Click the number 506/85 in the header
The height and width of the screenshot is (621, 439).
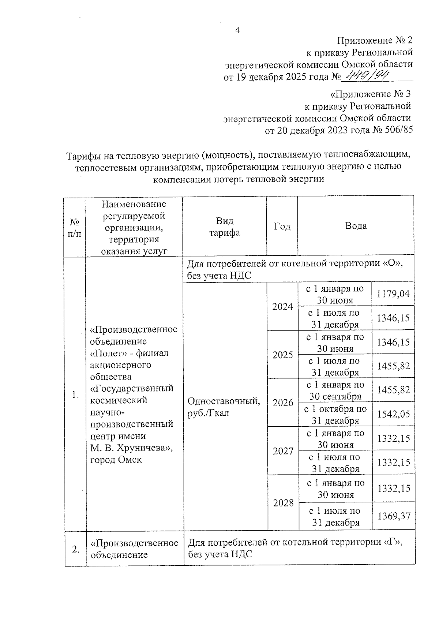tap(398, 130)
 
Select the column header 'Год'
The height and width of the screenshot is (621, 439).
tap(282, 226)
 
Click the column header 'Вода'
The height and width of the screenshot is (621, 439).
tap(356, 226)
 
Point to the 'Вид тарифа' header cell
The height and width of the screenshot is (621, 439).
tap(224, 227)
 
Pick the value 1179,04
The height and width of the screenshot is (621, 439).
tap(393, 293)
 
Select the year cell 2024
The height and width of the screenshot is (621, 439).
tap(282, 306)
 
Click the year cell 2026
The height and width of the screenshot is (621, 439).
tap(283, 403)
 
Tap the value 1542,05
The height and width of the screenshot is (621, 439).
tap(394, 414)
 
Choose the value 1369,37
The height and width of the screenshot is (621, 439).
tap(394, 516)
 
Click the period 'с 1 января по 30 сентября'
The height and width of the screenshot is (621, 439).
tap(335, 390)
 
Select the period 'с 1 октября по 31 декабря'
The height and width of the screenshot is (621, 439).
tap(335, 415)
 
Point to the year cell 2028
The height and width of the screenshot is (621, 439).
tap(283, 503)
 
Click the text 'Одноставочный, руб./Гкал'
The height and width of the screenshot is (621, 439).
tap(224, 407)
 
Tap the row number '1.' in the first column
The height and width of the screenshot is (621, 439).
tap(75, 394)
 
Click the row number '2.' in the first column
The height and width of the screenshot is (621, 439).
tap(76, 549)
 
